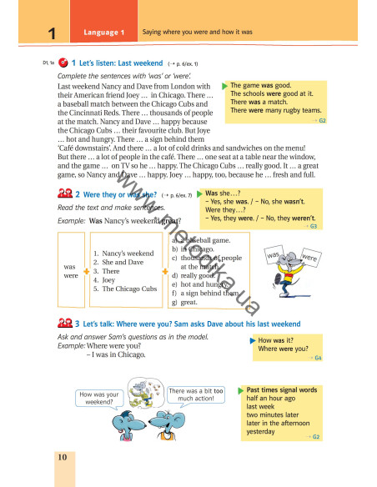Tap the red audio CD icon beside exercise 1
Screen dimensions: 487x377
point(63,63)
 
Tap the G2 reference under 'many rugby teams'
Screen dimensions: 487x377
point(322,120)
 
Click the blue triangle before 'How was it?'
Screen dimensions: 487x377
point(254,341)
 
